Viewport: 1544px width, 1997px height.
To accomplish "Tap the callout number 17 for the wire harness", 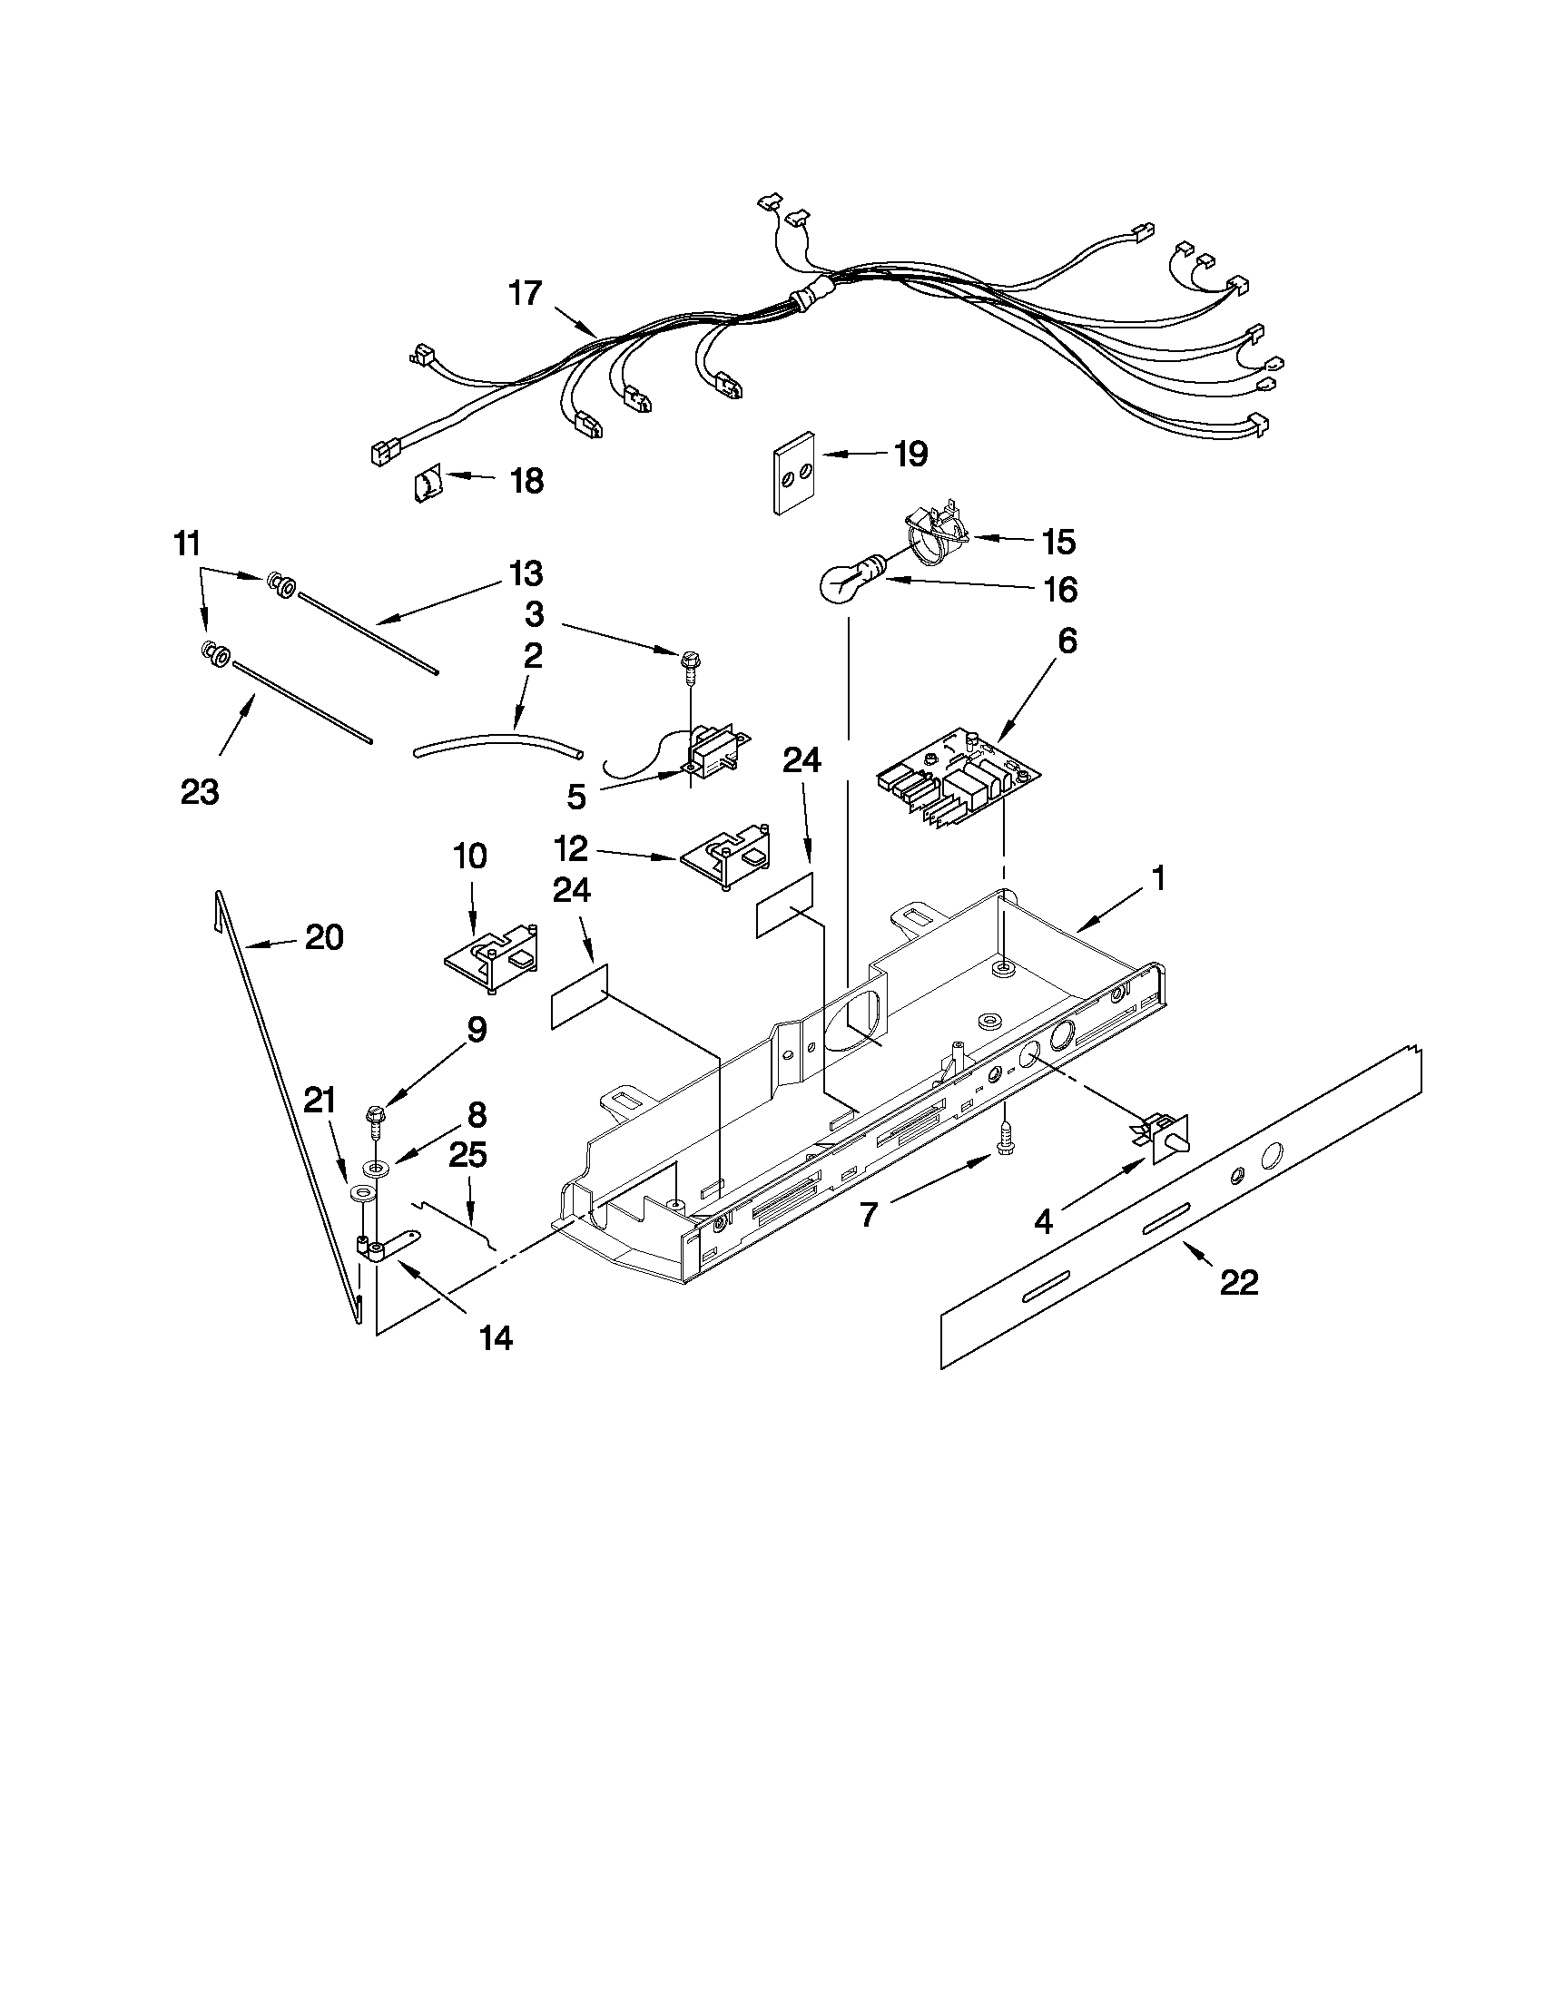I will coord(526,295).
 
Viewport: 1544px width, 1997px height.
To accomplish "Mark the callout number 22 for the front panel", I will coord(1239,1283).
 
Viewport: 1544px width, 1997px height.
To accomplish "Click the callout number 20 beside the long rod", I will coord(324,937).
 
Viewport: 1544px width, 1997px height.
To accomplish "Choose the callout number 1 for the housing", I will coord(1158,879).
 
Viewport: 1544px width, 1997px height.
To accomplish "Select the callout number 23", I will coord(200,792).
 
